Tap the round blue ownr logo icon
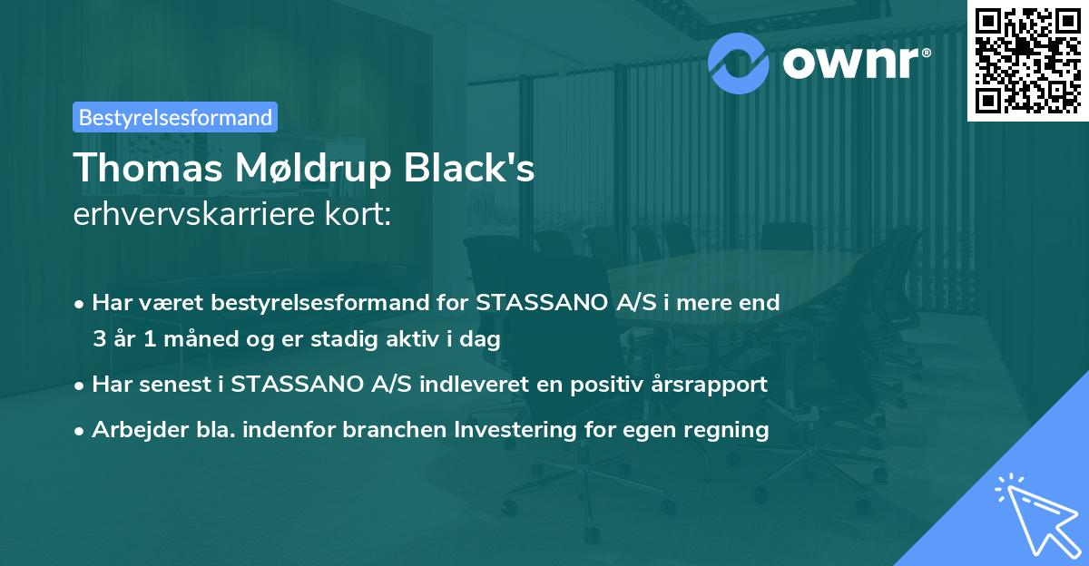[x=739, y=61]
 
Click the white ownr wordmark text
[x=855, y=62]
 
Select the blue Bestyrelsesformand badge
[x=174, y=117]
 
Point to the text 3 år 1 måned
[x=156, y=340]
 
